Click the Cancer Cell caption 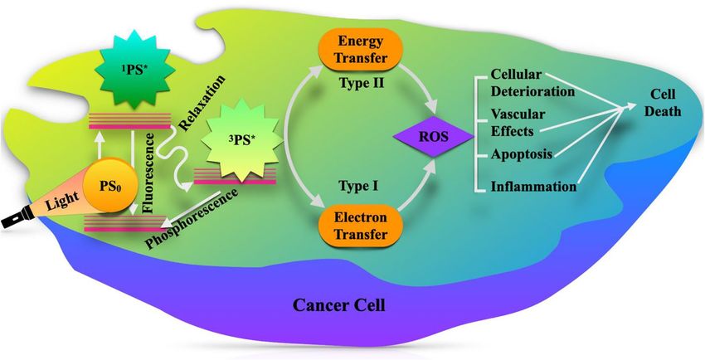[x=340, y=304]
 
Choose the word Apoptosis [x=523, y=153]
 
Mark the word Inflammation [x=533, y=186]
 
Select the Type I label [x=359, y=187]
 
